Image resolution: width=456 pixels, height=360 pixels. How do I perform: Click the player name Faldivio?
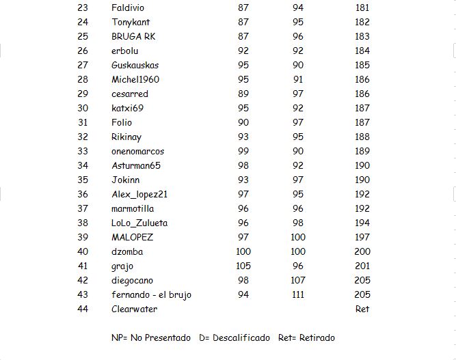coord(128,8)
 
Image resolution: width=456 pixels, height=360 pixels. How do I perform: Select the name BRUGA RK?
coord(133,36)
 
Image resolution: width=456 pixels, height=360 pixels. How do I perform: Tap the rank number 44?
coord(83,309)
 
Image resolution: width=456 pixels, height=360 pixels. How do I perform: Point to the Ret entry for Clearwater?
coord(362,309)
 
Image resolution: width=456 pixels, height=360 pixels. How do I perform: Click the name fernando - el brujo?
coord(151,294)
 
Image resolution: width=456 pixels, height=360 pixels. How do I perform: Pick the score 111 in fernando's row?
coord(298,294)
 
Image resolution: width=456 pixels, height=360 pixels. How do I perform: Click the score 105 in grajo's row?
coord(243,266)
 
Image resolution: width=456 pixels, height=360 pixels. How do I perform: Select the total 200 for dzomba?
coord(362,251)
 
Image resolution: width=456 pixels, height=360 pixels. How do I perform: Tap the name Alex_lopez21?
coord(139,194)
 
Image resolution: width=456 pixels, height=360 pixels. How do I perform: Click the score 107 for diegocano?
coord(298,280)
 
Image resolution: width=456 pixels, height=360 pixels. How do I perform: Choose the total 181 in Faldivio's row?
coord(362,8)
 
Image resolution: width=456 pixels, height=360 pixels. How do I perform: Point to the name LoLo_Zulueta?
coord(139,223)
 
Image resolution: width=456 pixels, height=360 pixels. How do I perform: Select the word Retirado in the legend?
coord(315,337)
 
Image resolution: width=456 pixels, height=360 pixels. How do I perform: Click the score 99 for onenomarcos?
coord(243,151)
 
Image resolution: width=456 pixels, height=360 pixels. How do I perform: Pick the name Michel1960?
coord(135,79)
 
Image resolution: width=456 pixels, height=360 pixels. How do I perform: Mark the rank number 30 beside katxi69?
coord(83,108)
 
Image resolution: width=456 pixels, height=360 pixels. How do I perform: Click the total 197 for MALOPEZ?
coord(362,237)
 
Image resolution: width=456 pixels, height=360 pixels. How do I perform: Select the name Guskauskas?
coord(135,65)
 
